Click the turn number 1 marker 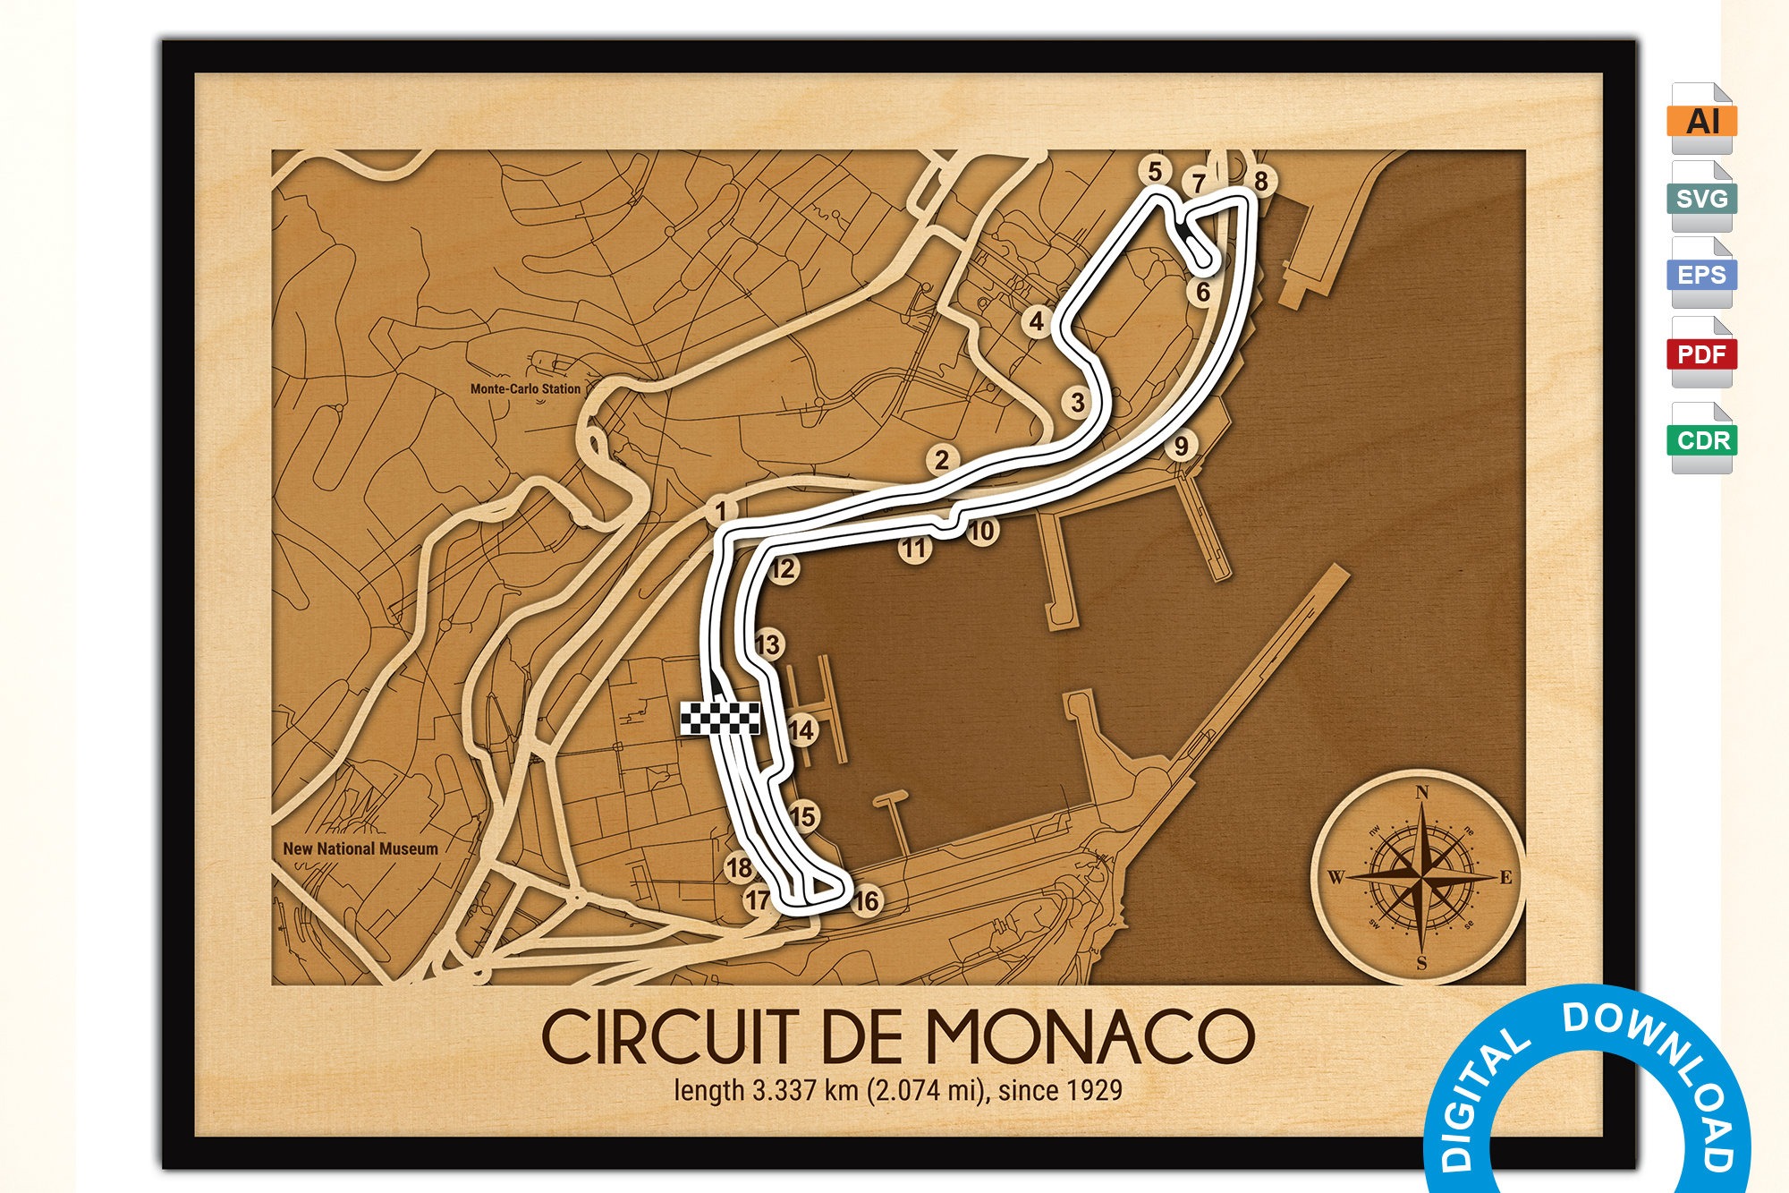pos(721,512)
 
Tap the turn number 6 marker pos(1203,292)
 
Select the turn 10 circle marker pos(982,531)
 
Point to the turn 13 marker pos(767,644)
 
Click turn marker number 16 pos(866,901)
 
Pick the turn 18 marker pos(739,867)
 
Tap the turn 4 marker pos(1037,321)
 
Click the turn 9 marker pos(1182,445)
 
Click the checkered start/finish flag pos(720,719)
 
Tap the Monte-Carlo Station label pos(525,389)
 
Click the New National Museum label pos(360,848)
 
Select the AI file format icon pos(1701,120)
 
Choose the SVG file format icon pos(1701,198)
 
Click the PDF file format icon pos(1701,354)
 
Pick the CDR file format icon pos(1701,440)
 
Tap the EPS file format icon pos(1701,275)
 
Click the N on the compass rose pos(1421,792)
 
